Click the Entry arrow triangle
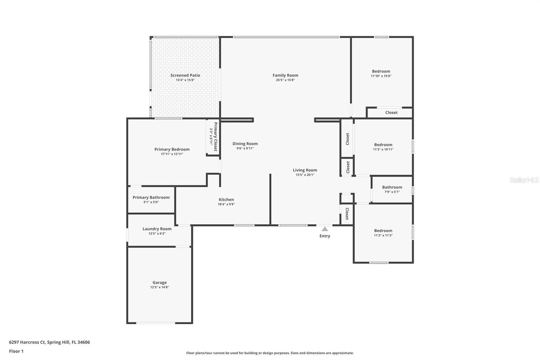tap(325, 229)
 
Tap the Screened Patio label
tap(185, 75)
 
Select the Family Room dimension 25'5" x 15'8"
tap(285, 80)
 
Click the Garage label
tap(159, 282)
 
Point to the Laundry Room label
tap(157, 229)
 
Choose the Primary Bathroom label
tap(151, 197)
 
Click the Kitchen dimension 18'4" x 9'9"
tap(226, 204)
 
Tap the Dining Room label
tap(245, 144)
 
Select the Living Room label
tap(305, 170)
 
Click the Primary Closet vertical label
tap(215, 136)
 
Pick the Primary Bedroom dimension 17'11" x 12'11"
tap(172, 154)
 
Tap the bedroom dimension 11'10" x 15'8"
tap(381, 76)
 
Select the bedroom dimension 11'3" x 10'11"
tap(383, 149)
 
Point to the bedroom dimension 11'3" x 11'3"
tap(383, 235)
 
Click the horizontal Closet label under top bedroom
tap(391, 112)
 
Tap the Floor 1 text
tap(16, 351)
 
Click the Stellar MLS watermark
tap(524, 180)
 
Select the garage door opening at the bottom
tap(156, 323)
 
